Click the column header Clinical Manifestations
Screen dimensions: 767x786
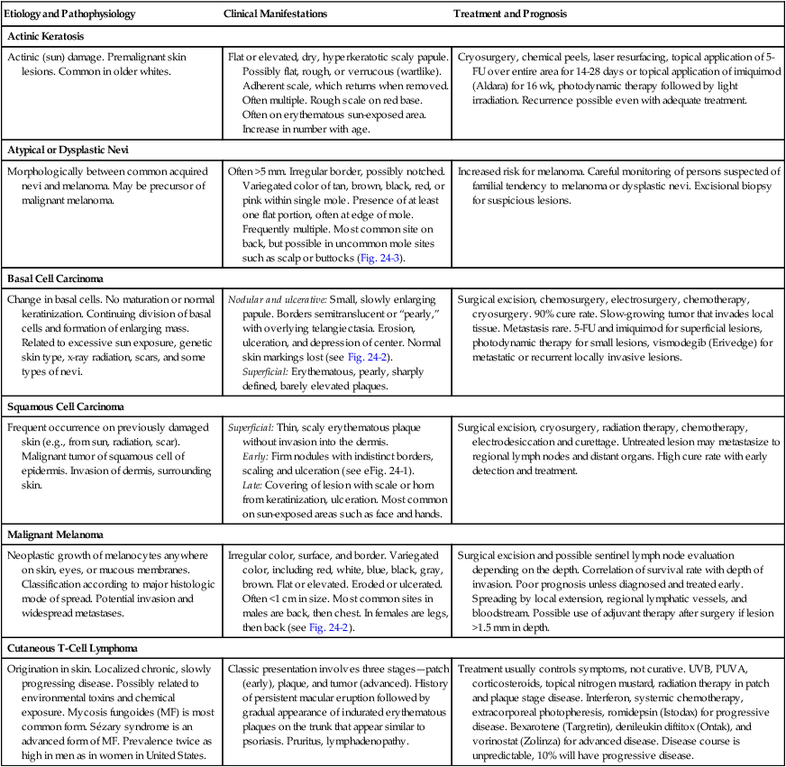[275, 15]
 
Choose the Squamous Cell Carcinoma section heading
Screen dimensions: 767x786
[65, 407]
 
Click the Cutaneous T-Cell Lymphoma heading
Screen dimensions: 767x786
[70, 648]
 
